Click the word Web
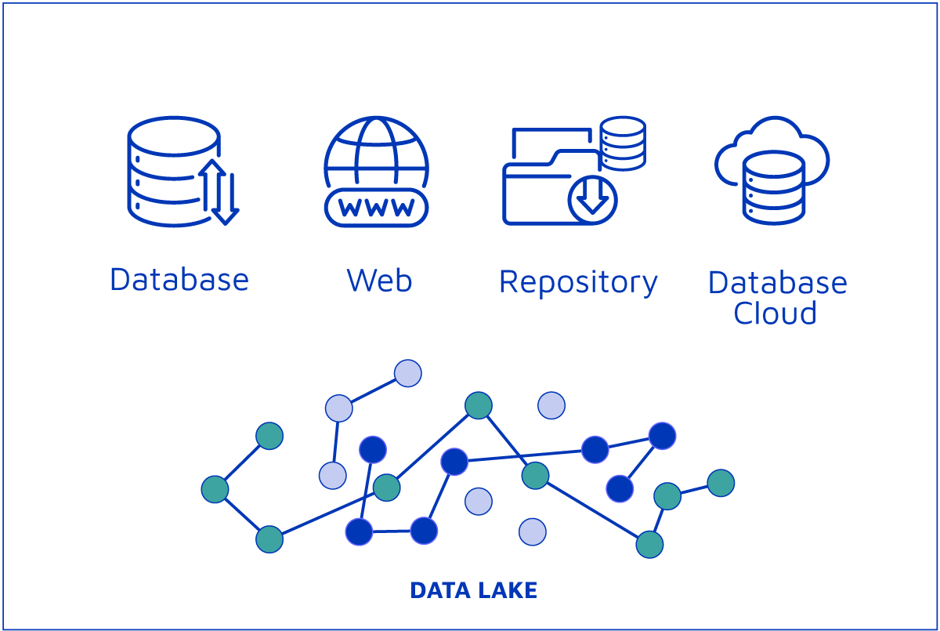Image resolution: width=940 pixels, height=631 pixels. point(379,280)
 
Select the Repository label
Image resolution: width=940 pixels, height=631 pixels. point(578,282)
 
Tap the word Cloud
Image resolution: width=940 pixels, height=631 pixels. point(775,313)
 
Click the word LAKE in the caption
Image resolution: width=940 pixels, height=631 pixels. point(505,590)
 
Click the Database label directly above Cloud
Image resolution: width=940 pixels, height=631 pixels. point(777,282)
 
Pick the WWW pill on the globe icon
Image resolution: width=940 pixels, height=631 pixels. point(377,207)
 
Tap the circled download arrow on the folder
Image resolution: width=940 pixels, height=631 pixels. point(593,198)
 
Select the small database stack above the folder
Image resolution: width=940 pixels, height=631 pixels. point(623,143)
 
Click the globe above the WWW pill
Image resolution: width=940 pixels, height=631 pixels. point(377,153)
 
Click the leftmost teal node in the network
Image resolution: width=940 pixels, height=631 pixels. point(215,489)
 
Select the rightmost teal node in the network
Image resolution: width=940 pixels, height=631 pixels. point(721,483)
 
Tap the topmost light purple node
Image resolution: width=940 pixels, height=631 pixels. point(408,373)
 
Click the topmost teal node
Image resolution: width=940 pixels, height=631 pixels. point(479,405)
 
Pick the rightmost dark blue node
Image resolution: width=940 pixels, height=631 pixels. point(662,435)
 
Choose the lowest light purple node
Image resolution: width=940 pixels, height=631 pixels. point(533,531)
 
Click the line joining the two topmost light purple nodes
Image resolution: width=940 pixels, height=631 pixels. point(374,390)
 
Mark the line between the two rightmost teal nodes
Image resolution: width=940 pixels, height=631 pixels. point(694,489)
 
